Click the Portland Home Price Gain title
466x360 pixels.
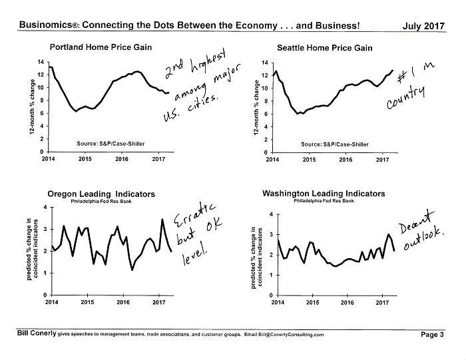point(101,47)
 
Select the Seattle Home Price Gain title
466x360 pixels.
point(325,48)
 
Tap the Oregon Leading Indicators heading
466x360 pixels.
point(101,194)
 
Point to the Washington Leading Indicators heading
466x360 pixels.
point(324,194)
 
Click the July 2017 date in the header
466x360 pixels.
point(423,26)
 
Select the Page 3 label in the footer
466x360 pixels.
point(432,335)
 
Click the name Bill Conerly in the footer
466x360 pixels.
point(37,333)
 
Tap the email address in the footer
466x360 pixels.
point(291,335)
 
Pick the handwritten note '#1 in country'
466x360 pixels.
point(410,85)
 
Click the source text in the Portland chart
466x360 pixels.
point(111,144)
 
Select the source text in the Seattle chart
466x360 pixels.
point(335,144)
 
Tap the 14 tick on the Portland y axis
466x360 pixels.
point(41,62)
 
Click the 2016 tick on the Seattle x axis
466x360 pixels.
point(346,160)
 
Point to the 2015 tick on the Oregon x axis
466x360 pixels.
point(87,302)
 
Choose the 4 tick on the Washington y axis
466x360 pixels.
point(271,214)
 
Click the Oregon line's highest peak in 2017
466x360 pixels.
point(162,220)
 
